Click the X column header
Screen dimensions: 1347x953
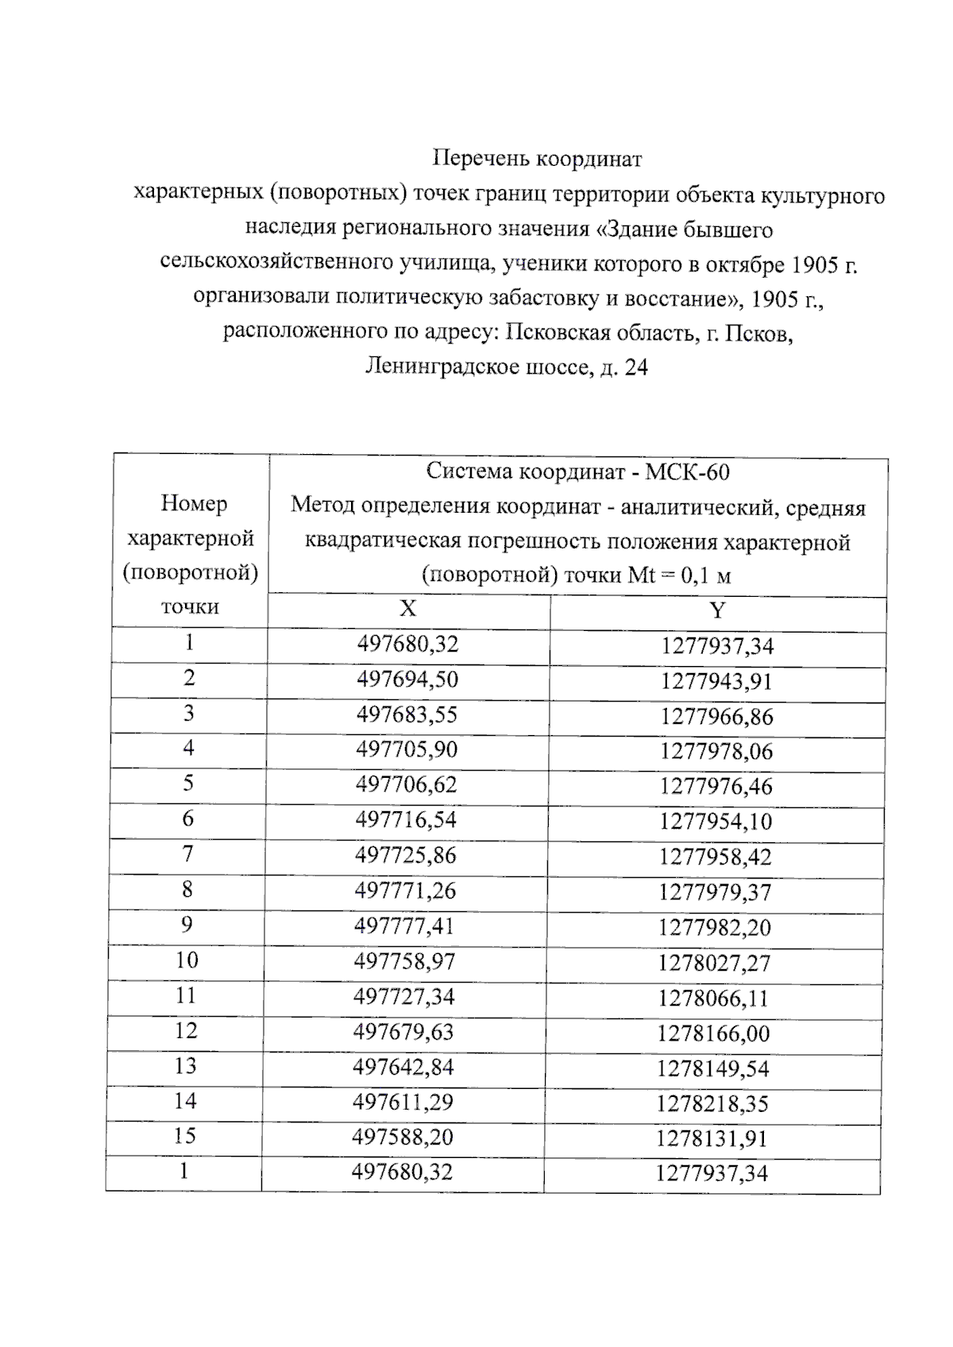tap(407, 610)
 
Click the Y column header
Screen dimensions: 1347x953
tap(717, 611)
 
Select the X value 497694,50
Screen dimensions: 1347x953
tap(407, 680)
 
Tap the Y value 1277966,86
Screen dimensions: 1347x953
tap(716, 717)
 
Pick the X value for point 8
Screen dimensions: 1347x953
tap(405, 891)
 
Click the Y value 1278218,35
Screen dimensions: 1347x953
tap(712, 1104)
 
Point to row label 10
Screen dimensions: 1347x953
tap(187, 960)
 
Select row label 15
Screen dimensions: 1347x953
tap(185, 1137)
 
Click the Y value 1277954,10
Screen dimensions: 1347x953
tap(715, 822)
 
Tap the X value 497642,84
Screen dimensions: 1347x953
tap(403, 1068)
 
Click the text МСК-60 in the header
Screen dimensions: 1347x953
tap(687, 473)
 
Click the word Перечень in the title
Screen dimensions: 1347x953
tap(481, 160)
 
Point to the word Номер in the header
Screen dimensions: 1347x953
tap(194, 503)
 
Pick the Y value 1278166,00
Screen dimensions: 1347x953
tap(713, 1034)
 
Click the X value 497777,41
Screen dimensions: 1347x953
tap(405, 926)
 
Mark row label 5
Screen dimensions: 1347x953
tap(188, 784)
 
